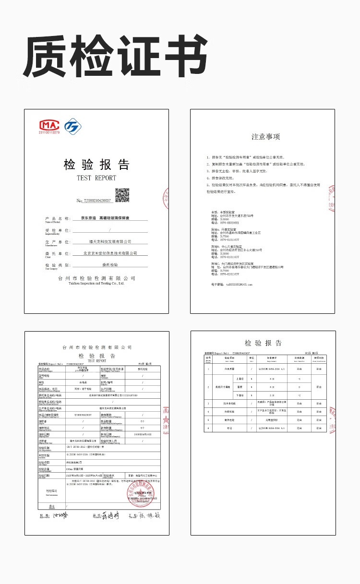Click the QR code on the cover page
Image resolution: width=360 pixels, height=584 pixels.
coord(122,195)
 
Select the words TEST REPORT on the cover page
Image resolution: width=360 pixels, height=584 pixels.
coord(96,178)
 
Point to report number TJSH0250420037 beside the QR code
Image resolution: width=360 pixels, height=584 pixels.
coord(95,201)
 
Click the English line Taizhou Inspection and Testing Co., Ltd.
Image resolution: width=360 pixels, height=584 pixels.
coord(96,284)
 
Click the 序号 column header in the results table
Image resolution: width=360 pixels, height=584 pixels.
coord(208,358)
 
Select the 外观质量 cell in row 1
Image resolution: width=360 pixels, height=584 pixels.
coord(230,369)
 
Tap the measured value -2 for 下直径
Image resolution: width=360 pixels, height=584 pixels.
coord(299,395)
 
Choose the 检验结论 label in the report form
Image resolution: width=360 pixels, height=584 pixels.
coord(51,491)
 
